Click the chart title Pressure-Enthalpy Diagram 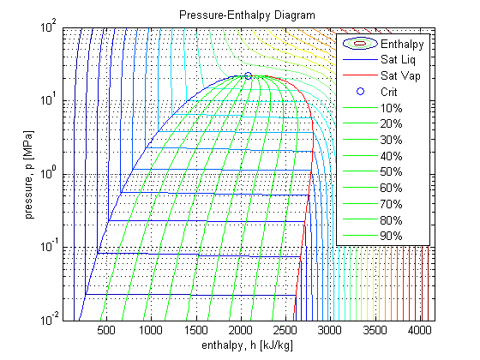pos(247,15)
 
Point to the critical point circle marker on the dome pos(248,76)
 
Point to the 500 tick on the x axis pos(106,330)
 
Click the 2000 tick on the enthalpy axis pos(241,330)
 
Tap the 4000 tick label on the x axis pos(419,330)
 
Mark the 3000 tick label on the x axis pos(330,330)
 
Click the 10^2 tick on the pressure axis pos(48,27)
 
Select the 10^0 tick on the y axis pos(48,173)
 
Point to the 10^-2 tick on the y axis pos(48,320)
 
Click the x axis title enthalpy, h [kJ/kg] pos(248,345)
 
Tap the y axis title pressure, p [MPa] pos(28,175)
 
